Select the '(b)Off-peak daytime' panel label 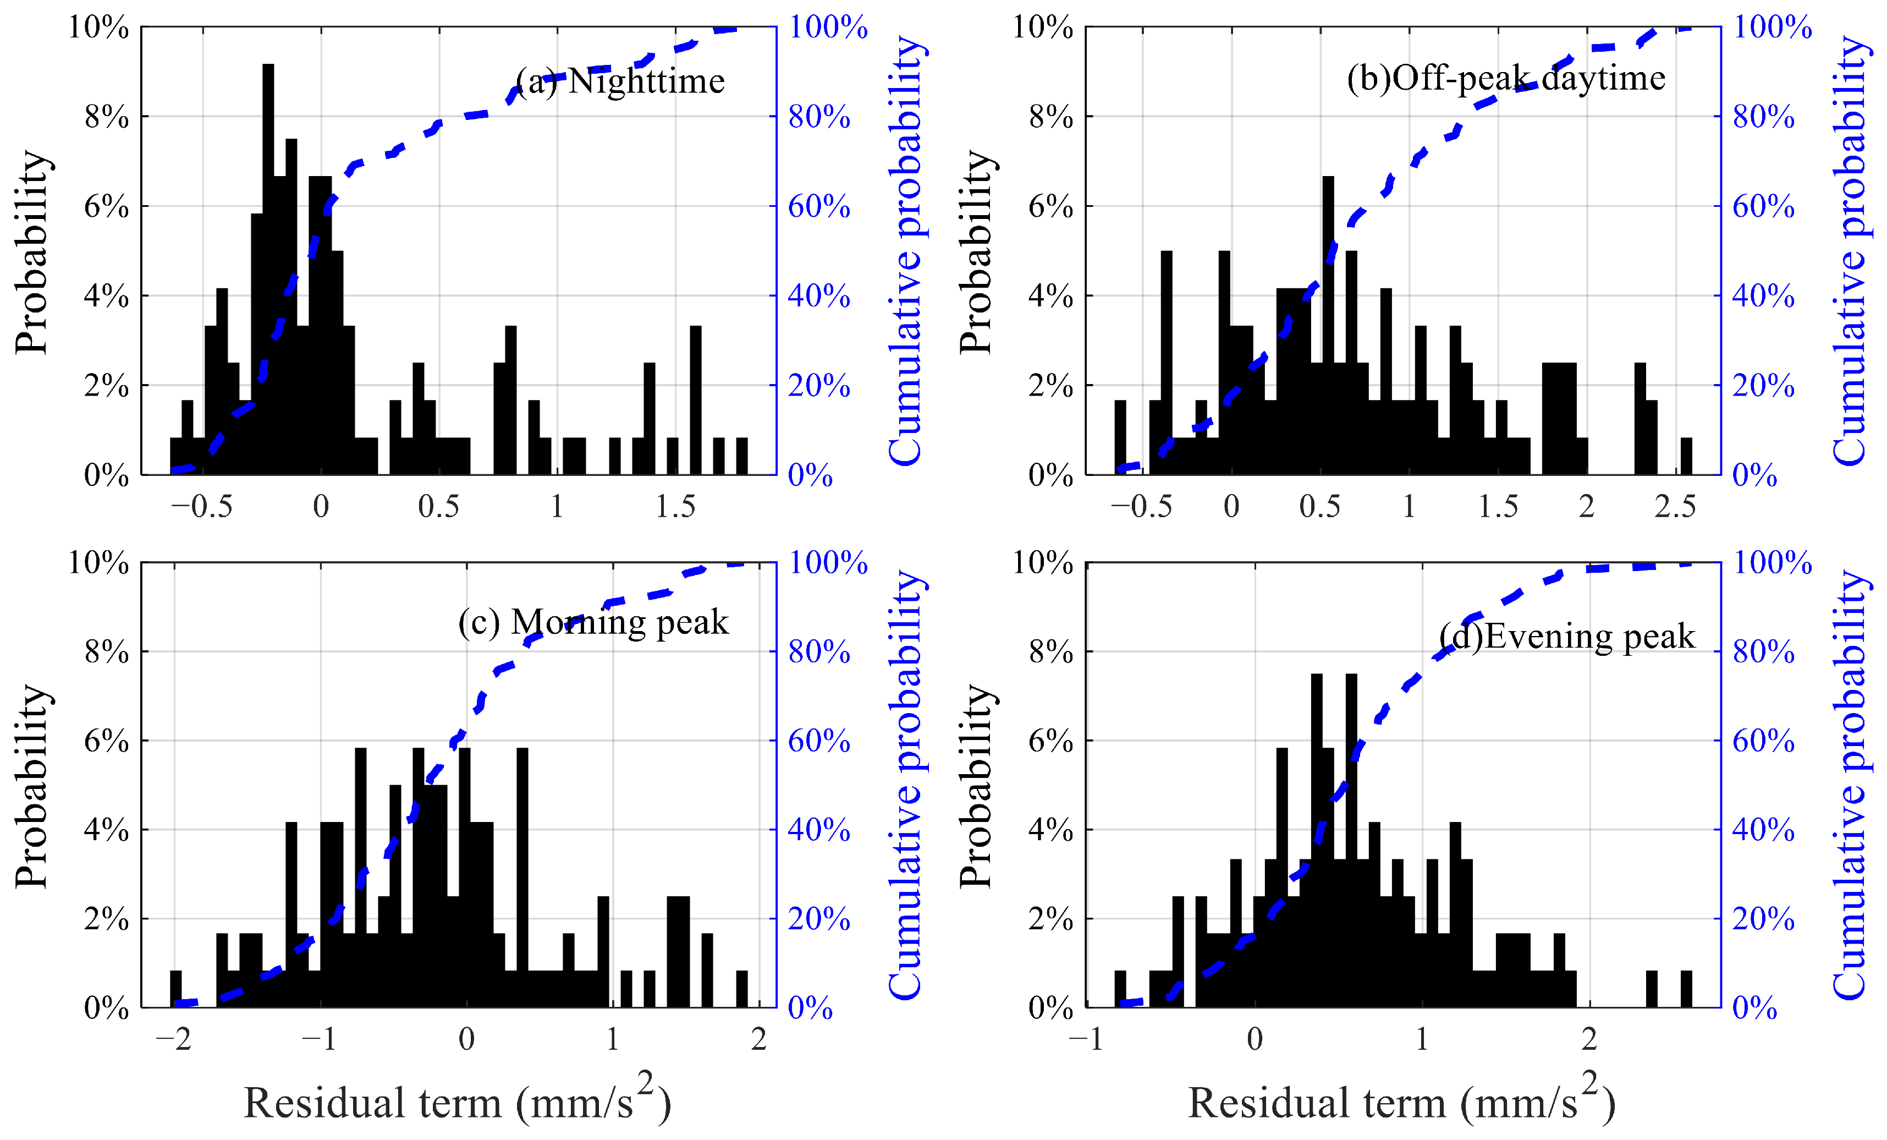tap(1506, 78)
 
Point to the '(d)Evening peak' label tap(1567, 637)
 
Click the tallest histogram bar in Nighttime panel tap(268, 270)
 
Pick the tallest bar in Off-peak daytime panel tap(1328, 326)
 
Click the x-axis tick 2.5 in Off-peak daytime tap(1675, 506)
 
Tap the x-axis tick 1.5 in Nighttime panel tap(675, 506)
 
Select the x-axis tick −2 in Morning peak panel tap(173, 1039)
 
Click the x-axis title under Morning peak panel tap(457, 1100)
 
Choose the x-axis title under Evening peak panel tap(1401, 1100)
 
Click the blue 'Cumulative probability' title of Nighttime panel tap(907, 250)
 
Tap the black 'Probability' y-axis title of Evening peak tap(976, 786)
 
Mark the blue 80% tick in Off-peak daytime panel tap(1764, 117)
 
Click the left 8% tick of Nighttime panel tap(107, 117)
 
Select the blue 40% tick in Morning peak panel tap(819, 830)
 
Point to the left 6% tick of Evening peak tap(1050, 741)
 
